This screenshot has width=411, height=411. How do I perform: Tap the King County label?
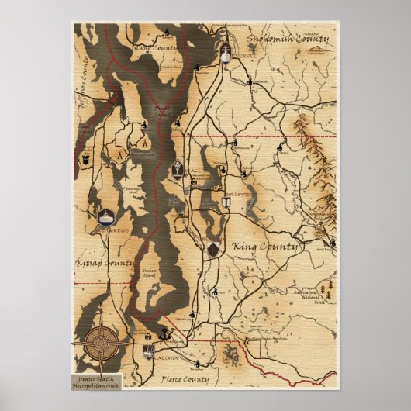265,247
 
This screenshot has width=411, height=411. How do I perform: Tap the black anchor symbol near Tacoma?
164,334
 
